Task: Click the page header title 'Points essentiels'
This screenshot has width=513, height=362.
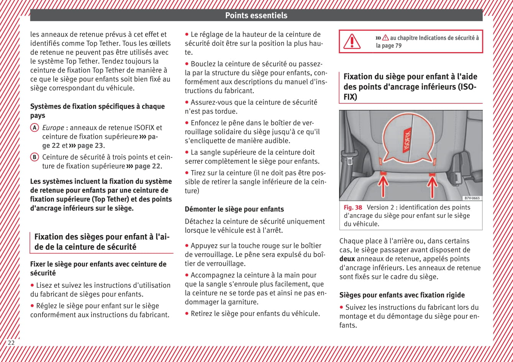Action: [x=256, y=15]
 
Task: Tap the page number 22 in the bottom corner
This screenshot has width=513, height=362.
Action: [x=11, y=342]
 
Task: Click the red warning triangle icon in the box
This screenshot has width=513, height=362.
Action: [x=351, y=41]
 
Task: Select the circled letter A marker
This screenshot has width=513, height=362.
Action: [x=34, y=128]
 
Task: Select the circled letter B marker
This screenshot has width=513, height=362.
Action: [x=34, y=157]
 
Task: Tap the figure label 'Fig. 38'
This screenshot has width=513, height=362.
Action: [x=352, y=208]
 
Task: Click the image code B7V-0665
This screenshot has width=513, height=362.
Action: [x=472, y=198]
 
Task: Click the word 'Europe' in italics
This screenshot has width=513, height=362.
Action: [x=53, y=128]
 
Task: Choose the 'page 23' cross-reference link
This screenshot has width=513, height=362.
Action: [x=90, y=146]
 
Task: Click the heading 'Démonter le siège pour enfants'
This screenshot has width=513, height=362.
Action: [x=234, y=209]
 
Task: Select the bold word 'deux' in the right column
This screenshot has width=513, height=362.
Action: [x=347, y=259]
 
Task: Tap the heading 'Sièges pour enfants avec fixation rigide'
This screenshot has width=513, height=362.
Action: [x=402, y=295]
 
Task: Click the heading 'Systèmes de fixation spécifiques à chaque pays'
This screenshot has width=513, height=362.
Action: [x=97, y=111]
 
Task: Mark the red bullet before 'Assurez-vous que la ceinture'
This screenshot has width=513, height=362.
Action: [x=187, y=102]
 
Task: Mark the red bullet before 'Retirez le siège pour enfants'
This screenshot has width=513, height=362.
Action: [x=187, y=314]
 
